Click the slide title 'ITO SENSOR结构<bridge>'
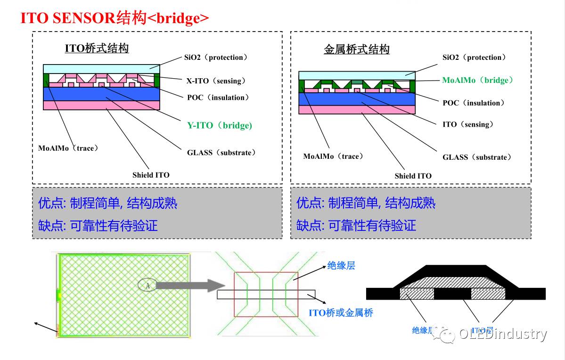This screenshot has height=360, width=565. coord(115,18)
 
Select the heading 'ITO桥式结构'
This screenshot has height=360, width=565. coord(97,48)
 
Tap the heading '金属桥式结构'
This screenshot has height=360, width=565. coord(357,49)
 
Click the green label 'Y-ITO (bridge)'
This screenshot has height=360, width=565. coord(219,125)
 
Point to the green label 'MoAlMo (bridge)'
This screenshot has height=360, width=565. coord(477,80)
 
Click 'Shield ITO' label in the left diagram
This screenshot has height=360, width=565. coord(151,175)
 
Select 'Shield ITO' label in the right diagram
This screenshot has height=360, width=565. coord(413,176)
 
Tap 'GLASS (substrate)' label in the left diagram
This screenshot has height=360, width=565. coord(221,153)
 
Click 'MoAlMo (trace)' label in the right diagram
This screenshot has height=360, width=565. coord(333,156)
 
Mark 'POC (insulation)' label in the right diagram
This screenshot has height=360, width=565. coord(473,103)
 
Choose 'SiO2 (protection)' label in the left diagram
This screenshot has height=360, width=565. coord(215,57)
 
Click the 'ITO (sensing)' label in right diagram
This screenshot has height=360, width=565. coord(467,124)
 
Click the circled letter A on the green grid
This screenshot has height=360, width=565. coord(147,285)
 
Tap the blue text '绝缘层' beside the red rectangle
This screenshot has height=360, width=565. coord(341,266)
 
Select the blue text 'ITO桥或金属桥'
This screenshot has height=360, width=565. coord(341,312)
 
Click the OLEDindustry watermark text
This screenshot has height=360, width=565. coord(503,334)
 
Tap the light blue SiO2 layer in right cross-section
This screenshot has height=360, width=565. coord(357,75)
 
